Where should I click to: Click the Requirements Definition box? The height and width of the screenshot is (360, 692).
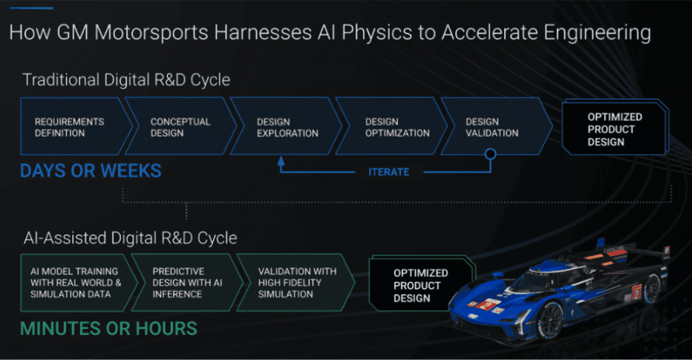[75, 126]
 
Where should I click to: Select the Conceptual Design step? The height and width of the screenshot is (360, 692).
[182, 126]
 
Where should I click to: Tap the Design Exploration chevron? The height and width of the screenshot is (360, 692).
[287, 126]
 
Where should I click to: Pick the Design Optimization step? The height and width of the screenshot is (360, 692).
[392, 126]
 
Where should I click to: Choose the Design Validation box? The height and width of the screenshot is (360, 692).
[497, 126]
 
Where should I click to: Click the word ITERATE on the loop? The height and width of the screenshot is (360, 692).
[389, 172]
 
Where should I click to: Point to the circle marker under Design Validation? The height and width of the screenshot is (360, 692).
[490, 154]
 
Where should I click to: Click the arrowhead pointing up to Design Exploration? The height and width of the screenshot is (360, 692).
[281, 160]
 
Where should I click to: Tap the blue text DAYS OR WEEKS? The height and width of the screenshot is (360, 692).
[91, 171]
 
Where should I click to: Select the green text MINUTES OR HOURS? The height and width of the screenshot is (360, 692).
[108, 329]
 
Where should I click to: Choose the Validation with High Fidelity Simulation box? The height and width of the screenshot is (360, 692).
[296, 283]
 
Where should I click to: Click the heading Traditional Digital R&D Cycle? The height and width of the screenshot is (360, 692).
[127, 80]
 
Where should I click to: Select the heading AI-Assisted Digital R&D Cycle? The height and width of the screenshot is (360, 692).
[130, 238]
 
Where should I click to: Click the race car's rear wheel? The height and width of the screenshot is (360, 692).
[653, 289]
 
